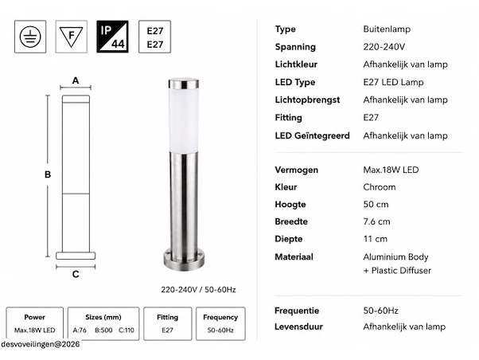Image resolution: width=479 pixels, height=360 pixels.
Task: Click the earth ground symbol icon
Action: (x=30, y=37)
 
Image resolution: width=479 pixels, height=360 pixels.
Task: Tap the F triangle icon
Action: (x=71, y=37)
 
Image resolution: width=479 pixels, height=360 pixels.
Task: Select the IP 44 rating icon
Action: (x=112, y=37)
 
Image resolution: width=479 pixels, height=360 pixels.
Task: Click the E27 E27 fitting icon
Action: (x=154, y=37)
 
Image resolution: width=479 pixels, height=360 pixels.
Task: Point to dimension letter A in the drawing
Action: (x=76, y=80)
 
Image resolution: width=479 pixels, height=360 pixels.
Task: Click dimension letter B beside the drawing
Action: (x=48, y=174)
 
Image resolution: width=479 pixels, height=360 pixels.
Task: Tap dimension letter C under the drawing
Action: (x=76, y=274)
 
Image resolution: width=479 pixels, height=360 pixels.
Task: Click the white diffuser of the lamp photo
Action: (x=183, y=119)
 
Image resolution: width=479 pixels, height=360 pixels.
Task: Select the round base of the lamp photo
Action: (x=184, y=260)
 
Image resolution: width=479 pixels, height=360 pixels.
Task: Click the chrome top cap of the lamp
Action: (x=184, y=84)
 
